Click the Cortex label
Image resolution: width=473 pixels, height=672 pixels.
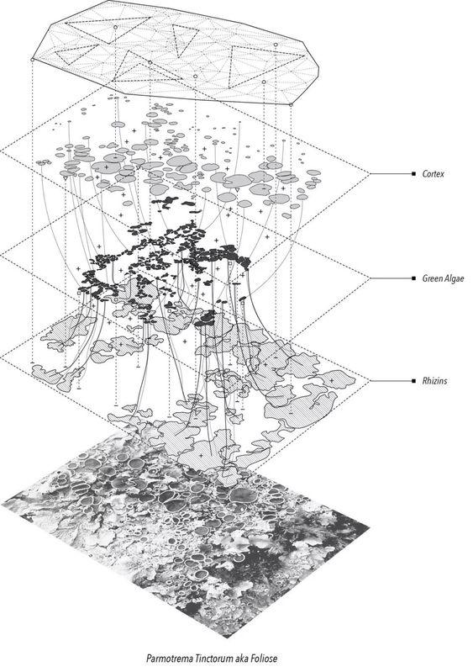[x=434, y=173]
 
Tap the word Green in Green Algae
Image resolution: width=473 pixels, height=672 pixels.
[x=432, y=278]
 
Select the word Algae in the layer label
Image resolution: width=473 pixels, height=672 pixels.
[x=454, y=278]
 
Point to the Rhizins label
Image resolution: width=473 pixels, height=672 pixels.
[x=434, y=380]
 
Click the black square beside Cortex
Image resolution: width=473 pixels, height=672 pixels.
[x=413, y=173]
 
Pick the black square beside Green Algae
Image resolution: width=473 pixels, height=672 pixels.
[x=413, y=278]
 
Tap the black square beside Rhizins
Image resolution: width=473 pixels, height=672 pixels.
[x=413, y=380]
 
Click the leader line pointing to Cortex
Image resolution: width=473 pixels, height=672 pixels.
[x=391, y=173]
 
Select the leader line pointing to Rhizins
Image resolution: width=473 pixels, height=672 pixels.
[x=391, y=380]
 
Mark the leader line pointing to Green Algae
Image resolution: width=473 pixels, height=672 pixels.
[x=391, y=278]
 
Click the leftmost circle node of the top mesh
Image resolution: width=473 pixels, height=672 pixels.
[x=33, y=60]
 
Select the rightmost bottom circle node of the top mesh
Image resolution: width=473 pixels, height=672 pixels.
[x=291, y=104]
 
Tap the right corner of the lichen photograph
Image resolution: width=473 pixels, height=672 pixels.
[x=369, y=526]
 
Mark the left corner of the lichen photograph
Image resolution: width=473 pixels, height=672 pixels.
[x=3, y=503]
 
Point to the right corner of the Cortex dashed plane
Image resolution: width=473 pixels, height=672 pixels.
[x=370, y=173]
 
